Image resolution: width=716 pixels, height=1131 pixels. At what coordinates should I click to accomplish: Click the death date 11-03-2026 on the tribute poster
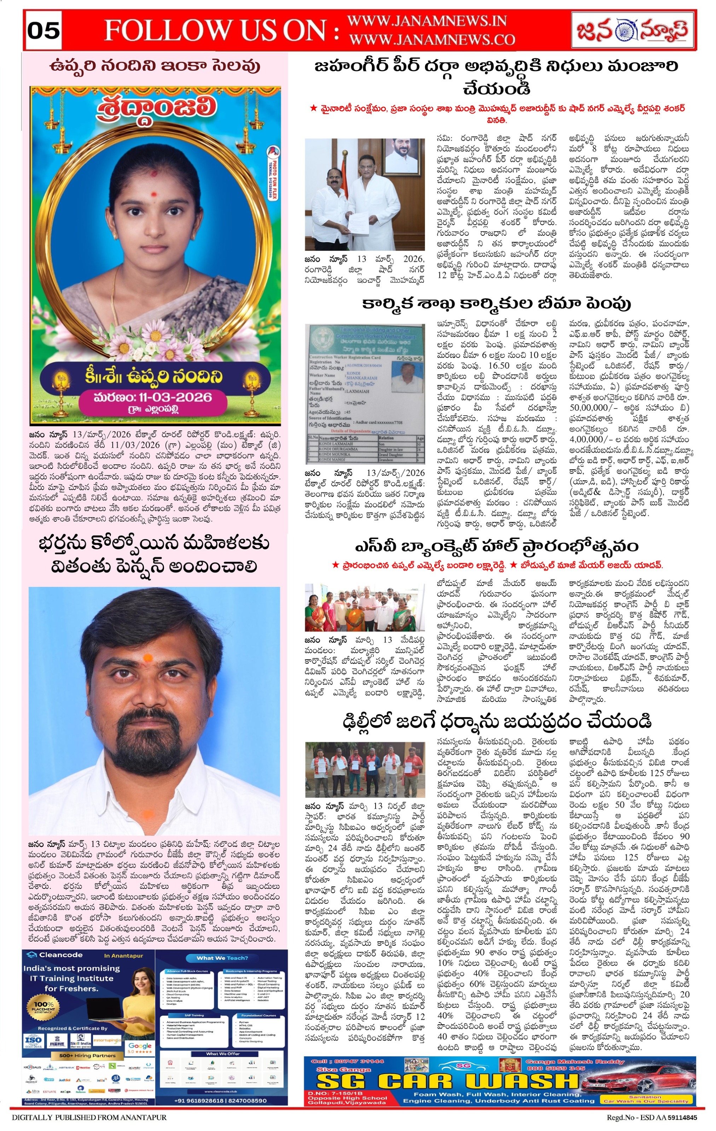(152, 397)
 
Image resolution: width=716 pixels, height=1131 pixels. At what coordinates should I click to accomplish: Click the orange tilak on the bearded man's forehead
(147, 657)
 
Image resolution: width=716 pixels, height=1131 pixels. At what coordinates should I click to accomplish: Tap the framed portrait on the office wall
(403, 157)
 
